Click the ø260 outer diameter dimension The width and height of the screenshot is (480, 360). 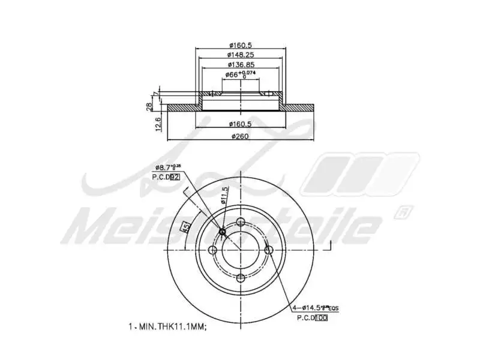click(240, 136)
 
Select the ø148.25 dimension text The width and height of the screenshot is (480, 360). click(240, 55)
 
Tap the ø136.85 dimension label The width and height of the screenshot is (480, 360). click(240, 65)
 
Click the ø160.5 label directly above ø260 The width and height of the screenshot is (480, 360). click(240, 124)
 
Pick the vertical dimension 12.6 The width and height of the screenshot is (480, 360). click(158, 124)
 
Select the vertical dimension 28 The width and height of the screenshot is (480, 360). click(149, 106)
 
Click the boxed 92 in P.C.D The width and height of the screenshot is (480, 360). click(175, 176)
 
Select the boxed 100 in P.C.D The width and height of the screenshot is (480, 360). click(321, 318)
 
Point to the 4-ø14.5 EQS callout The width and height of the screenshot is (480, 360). click(315, 308)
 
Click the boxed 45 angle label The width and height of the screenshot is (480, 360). click(186, 227)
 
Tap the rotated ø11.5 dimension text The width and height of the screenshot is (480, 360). click(225, 196)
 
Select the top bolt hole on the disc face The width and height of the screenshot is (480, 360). click(241, 221)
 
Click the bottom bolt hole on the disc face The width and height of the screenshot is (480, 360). click(241, 277)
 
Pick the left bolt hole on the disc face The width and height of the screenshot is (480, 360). click(212, 250)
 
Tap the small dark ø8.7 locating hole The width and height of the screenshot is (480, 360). click(223, 232)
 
